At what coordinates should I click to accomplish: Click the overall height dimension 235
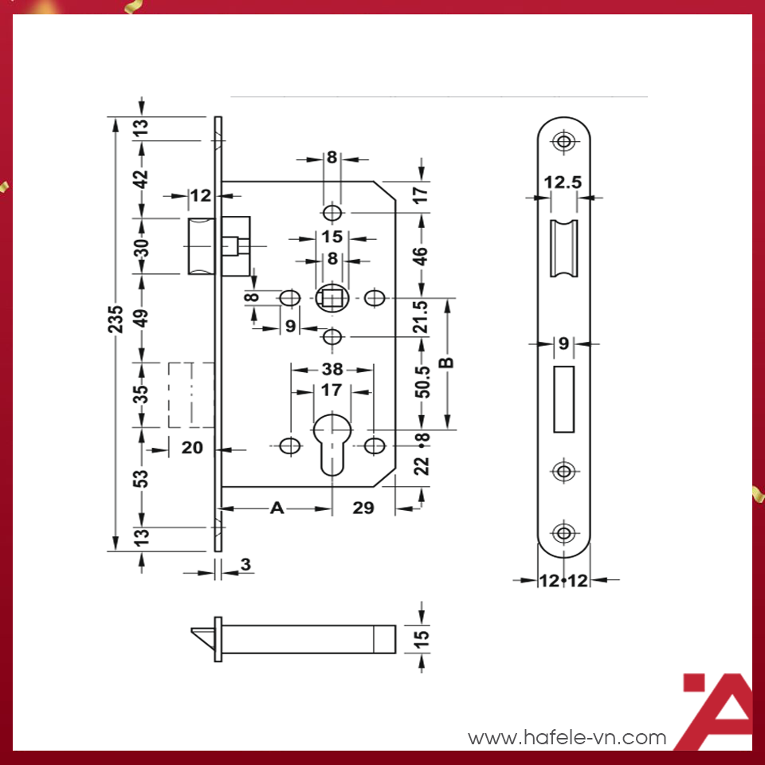pyautogui.click(x=116, y=319)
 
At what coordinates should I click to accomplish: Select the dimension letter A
pyautogui.click(x=277, y=508)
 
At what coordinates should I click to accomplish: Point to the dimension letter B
pyautogui.click(x=447, y=362)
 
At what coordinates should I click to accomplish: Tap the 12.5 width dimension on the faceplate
pyautogui.click(x=561, y=183)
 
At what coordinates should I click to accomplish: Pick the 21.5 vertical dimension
pyautogui.click(x=422, y=316)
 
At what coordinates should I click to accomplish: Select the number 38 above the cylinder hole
pyautogui.click(x=332, y=369)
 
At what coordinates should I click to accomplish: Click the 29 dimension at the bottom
pyautogui.click(x=363, y=508)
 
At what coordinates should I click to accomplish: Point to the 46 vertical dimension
pyautogui.click(x=422, y=256)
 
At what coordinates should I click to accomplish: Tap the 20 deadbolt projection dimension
pyautogui.click(x=193, y=448)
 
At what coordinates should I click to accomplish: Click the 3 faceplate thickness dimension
pyautogui.click(x=245, y=564)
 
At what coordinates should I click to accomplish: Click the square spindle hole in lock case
pyautogui.click(x=331, y=299)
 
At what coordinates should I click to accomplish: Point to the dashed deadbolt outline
pyautogui.click(x=191, y=394)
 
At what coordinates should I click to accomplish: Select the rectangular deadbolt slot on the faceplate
pyautogui.click(x=564, y=398)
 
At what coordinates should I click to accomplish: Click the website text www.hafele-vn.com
pyautogui.click(x=567, y=738)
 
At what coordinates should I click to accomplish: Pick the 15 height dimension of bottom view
pyautogui.click(x=422, y=637)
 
